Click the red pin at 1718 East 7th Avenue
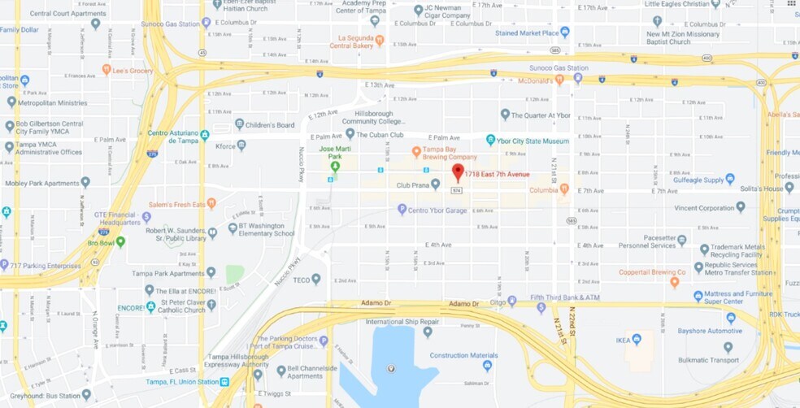click(458, 172)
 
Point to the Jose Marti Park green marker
click(335, 166)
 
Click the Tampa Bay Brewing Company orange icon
click(416, 152)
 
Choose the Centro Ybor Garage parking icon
click(402, 210)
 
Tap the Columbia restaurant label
click(544, 190)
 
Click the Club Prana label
click(412, 185)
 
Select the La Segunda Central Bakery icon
click(380, 39)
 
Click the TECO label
click(302, 280)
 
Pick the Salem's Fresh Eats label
click(175, 204)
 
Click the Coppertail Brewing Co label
click(652, 272)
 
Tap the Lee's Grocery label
click(133, 71)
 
